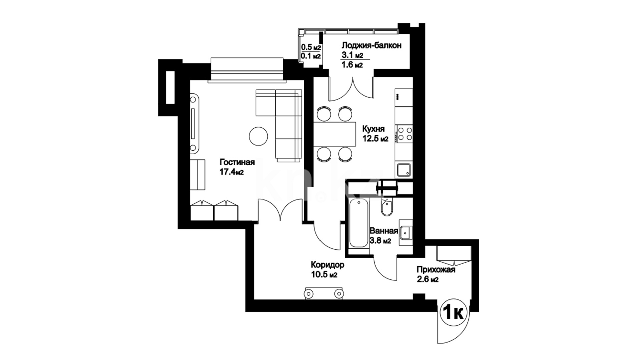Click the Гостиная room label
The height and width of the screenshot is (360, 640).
237,162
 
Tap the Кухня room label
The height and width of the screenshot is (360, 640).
374,129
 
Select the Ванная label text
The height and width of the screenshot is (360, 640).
384,231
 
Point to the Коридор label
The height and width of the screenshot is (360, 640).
328,265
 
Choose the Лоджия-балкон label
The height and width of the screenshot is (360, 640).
371,45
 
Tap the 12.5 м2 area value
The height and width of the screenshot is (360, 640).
376,139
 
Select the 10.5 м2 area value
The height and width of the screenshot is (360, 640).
324,275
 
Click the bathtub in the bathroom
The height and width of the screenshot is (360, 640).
359,223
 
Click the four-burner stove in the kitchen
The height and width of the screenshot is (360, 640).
404,134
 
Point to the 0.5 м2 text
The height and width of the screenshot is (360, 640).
311,48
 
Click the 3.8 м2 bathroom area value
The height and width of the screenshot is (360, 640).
380,241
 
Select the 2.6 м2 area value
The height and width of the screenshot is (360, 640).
428,279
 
